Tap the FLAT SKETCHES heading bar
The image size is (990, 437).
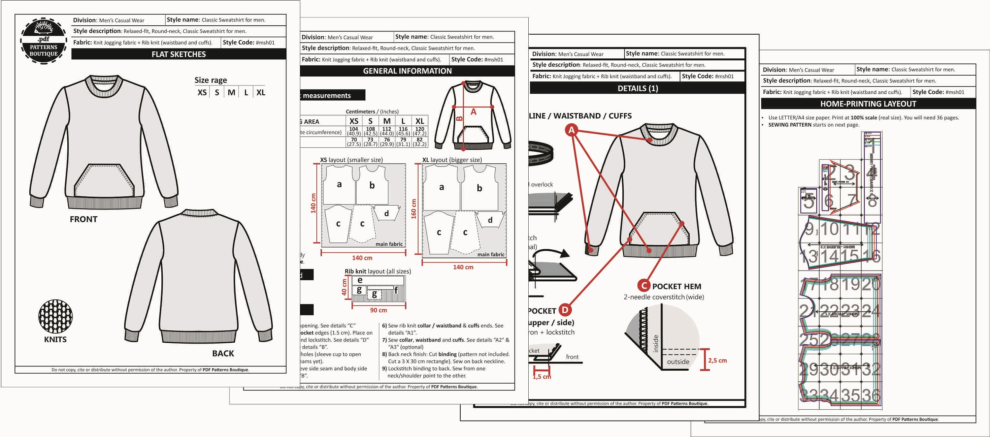click(179, 54)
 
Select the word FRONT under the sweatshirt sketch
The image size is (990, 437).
click(83, 219)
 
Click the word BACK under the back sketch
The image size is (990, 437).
click(223, 353)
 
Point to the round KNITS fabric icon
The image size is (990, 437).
click(55, 316)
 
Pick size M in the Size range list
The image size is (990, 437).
click(231, 93)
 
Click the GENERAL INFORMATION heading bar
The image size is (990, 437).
click(407, 71)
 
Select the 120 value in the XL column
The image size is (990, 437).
click(420, 129)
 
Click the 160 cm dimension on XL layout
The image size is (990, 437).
click(414, 208)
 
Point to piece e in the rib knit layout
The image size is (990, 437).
click(360, 280)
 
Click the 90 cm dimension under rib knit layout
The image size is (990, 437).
click(379, 310)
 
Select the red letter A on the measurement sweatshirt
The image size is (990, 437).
click(474, 112)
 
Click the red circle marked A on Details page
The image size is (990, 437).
click(572, 130)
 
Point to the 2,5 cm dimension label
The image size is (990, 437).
click(717, 360)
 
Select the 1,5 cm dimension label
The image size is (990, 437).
click(542, 377)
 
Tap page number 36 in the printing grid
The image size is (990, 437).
click(871, 395)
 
